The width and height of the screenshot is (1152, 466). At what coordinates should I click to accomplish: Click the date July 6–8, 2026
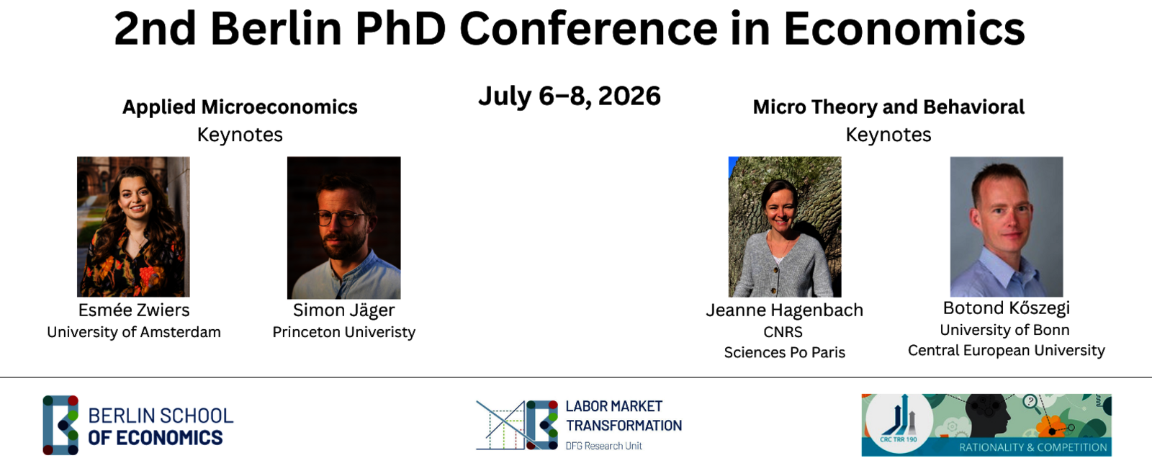570,97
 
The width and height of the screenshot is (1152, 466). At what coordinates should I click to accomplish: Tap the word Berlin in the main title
276,29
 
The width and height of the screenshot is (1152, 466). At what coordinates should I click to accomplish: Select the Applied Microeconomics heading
240,107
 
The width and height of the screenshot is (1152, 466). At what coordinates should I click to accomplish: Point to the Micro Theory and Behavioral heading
888,107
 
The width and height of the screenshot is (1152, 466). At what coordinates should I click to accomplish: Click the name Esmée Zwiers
134,310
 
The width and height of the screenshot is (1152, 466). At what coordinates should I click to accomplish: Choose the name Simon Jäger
343,310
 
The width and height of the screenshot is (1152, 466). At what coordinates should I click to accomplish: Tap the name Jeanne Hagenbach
784,310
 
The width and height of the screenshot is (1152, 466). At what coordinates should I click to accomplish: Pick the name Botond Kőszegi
1007,308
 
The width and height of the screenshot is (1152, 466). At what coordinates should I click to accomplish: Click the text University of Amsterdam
134,332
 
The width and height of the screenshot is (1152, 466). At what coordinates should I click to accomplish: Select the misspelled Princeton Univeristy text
343,332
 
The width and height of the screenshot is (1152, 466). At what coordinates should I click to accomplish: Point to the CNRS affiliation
783,332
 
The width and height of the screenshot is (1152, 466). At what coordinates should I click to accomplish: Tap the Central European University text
1007,350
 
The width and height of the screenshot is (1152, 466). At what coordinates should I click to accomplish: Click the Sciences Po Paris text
784,352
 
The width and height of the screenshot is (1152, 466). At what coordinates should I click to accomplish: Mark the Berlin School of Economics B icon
60,425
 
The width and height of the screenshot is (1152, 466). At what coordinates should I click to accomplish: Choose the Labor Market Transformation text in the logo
624,416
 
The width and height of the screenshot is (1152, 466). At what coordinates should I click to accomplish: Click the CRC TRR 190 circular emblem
899,424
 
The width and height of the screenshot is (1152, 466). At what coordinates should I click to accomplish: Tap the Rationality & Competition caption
1032,447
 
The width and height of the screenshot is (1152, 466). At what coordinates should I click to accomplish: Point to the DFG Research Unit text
604,446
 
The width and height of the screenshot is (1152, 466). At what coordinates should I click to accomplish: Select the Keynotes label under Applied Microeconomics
240,135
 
